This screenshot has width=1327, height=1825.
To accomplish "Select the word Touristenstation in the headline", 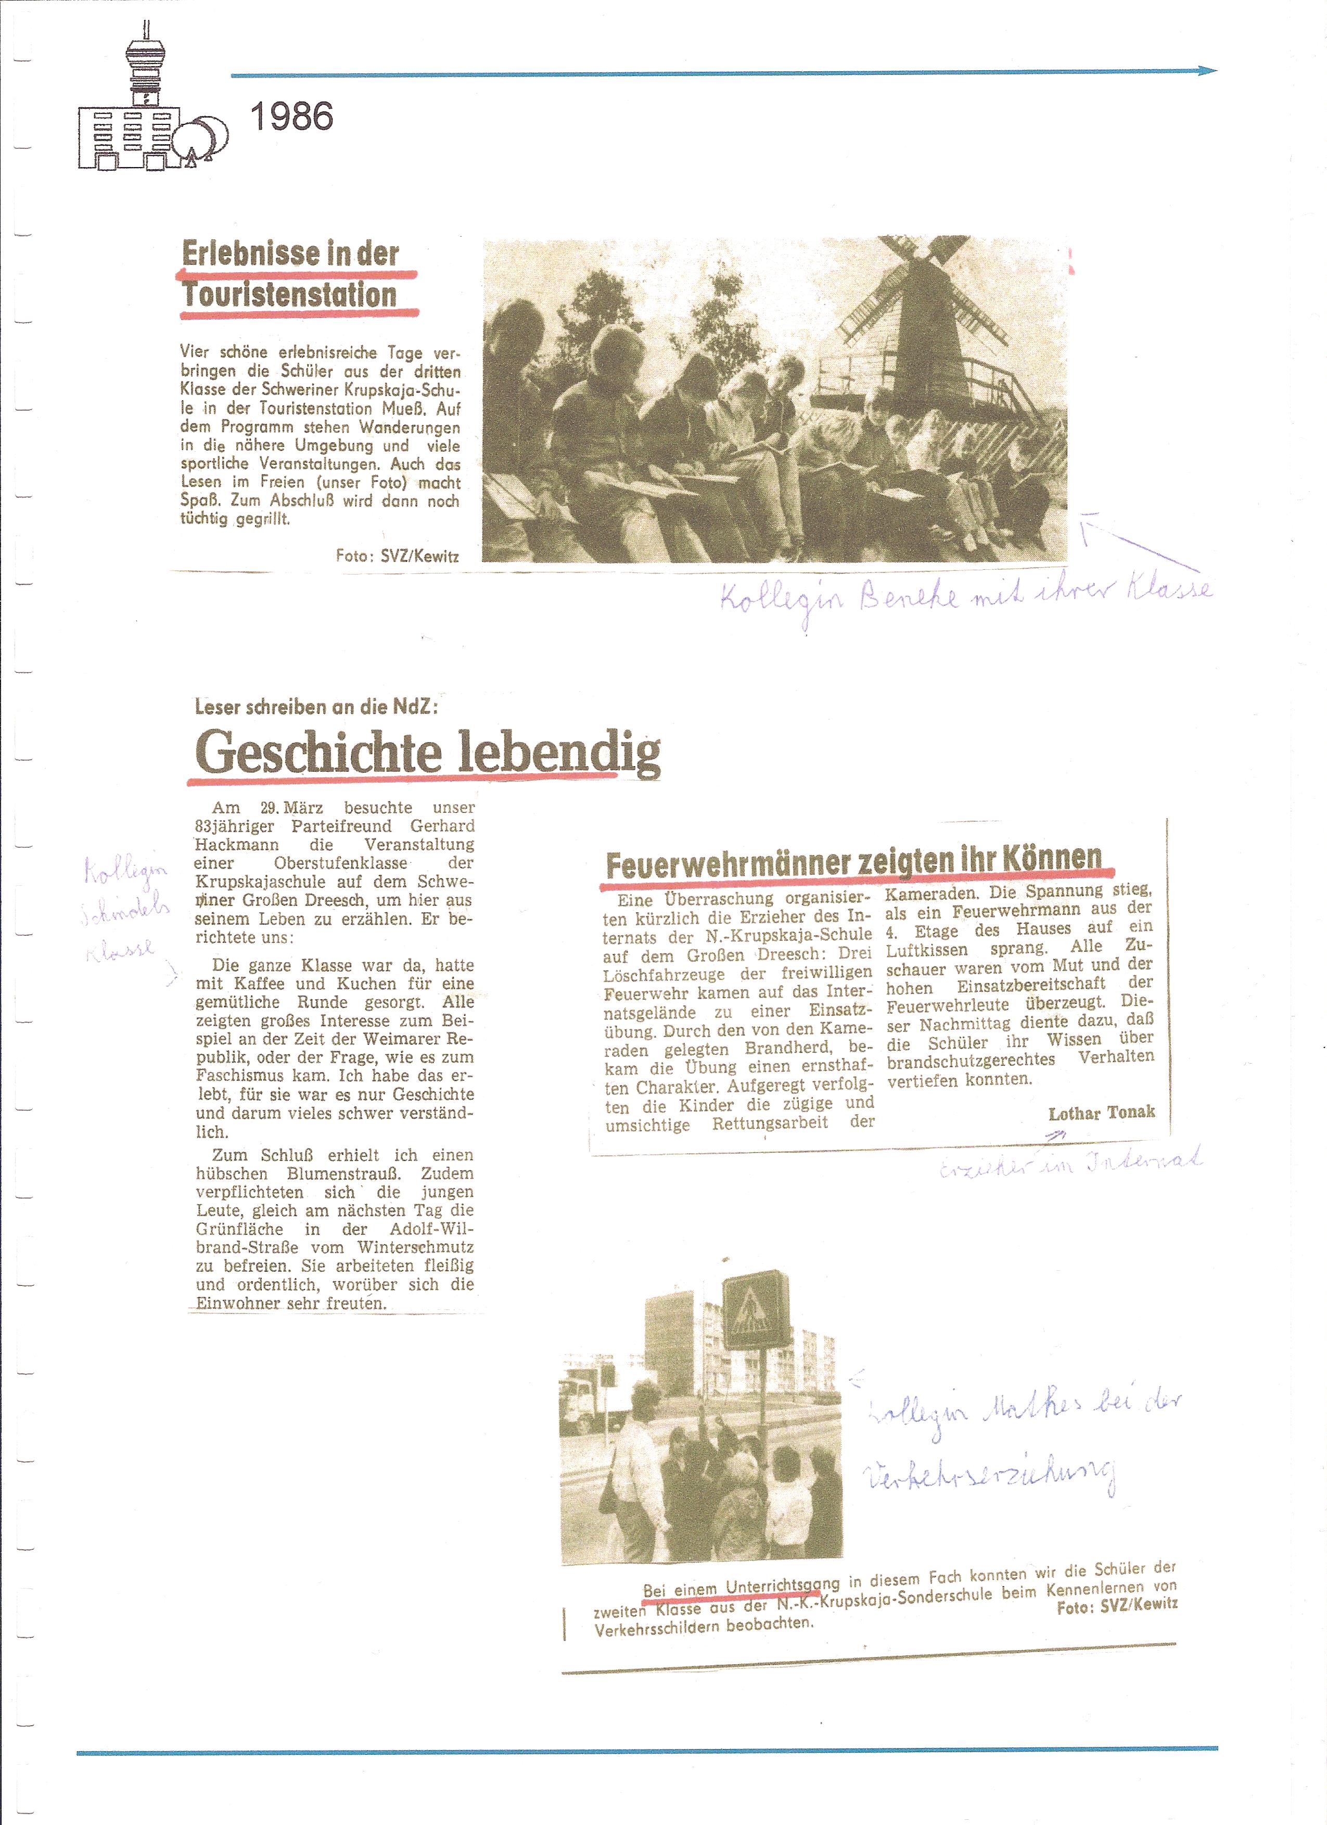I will [x=290, y=295].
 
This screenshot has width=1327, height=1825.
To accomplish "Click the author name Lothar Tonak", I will [x=1101, y=1113].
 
